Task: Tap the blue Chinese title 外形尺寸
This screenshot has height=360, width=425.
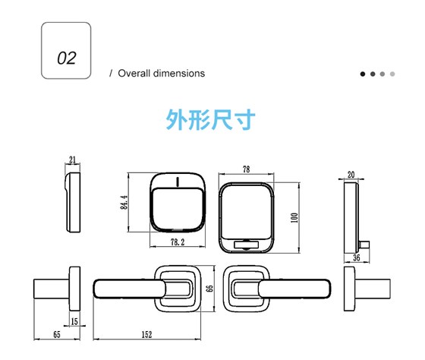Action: [x=211, y=120]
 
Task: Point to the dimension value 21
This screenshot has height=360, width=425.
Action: [x=73, y=160]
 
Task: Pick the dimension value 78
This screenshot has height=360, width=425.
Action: [x=247, y=170]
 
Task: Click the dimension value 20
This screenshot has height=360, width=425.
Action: [x=351, y=175]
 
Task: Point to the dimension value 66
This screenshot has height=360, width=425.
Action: [x=212, y=288]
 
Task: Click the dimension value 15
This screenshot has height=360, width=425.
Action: [x=74, y=322]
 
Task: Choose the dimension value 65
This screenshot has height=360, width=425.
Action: [x=57, y=335]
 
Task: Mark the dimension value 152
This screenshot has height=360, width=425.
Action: [x=145, y=335]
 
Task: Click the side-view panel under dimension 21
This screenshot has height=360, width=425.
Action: [x=73, y=201]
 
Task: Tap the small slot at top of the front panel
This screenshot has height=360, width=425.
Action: [x=176, y=182]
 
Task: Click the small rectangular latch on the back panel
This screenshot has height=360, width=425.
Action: [x=247, y=245]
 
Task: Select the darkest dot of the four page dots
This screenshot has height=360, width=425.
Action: [x=364, y=74]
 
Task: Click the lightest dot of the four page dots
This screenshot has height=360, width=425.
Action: [x=392, y=74]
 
